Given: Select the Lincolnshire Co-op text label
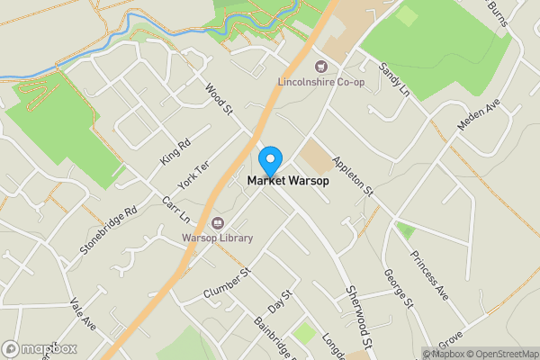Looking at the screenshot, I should tap(320, 84).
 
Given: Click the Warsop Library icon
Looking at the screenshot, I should tap(217, 222).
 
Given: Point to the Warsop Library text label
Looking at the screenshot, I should tap(217, 238).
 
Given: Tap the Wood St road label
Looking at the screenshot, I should tap(219, 99).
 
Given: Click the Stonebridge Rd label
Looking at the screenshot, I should tap(107, 229).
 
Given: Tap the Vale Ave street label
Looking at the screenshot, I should tap(82, 310).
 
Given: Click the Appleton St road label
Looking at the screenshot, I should tap(352, 175).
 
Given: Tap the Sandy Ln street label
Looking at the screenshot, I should tap(393, 81).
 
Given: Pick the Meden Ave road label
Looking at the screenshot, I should tap(477, 114).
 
